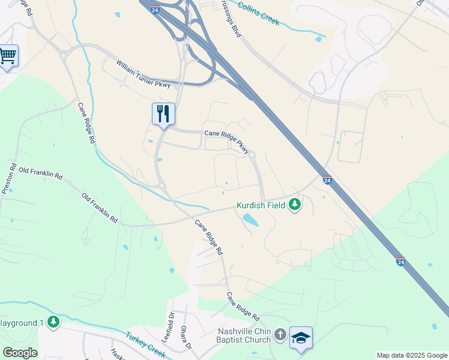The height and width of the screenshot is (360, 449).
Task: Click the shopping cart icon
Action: pyautogui.click(x=8, y=56)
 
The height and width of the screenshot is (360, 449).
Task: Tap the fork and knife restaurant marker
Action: pyautogui.click(x=163, y=113)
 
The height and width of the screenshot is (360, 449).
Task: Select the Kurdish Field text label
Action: pyautogui.click(x=261, y=205)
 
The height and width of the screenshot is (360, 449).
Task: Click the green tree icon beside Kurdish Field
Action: pyautogui.click(x=294, y=205)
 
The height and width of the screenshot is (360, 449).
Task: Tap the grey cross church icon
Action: pyautogui.click(x=279, y=334)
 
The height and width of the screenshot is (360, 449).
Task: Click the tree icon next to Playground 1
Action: pyautogui.click(x=54, y=322)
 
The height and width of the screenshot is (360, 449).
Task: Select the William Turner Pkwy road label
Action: pyautogui.click(x=143, y=73)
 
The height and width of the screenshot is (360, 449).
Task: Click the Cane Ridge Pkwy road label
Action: pyautogui.click(x=226, y=142)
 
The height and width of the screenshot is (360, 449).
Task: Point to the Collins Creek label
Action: pyautogui.click(x=259, y=13)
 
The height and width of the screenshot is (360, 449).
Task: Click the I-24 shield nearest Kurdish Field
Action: pyautogui.click(x=327, y=179)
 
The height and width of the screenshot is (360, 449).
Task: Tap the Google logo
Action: pyautogui.click(x=20, y=353)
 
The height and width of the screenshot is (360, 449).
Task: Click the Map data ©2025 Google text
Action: pyautogui.click(x=412, y=355)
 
